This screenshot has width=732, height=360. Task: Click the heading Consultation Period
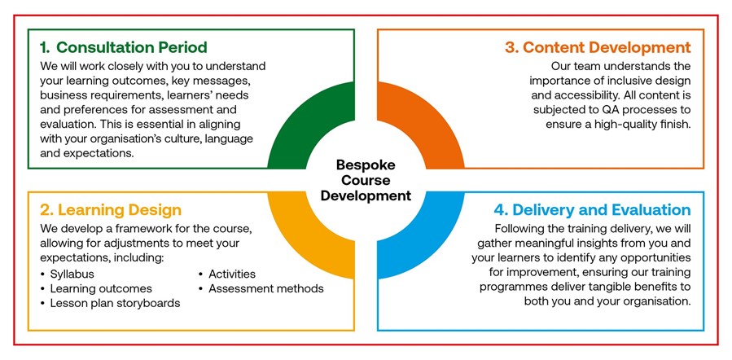pyautogui.click(x=131, y=47)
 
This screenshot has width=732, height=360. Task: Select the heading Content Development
pyautogui.click(x=598, y=47)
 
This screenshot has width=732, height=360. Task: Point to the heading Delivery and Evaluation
pyautogui.click(x=584, y=210)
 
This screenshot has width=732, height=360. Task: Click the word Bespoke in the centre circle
pyautogui.click(x=366, y=165)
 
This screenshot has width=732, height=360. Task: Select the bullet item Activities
pyautogui.click(x=232, y=274)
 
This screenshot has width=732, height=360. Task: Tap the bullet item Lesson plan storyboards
pyautogui.click(x=115, y=303)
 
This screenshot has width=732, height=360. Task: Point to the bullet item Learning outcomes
pyautogui.click(x=101, y=288)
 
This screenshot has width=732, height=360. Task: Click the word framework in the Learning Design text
pyautogui.click(x=147, y=230)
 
